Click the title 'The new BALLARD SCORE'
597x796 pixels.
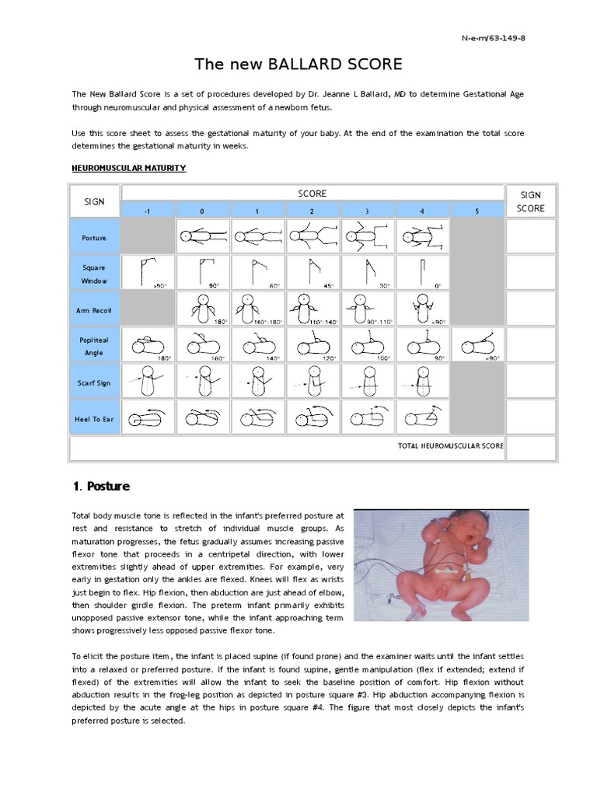coord(298,64)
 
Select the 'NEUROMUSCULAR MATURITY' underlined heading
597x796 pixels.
coord(128,168)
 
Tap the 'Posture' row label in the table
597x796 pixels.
coord(94,237)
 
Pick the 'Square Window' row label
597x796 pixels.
coord(94,274)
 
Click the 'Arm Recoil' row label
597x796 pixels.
coord(94,310)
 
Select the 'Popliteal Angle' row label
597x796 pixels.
coord(94,346)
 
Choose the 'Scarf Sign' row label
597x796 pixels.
coord(94,382)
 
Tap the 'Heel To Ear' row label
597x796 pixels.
coord(94,419)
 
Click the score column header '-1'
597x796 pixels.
coord(148,211)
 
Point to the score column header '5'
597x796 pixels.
coord(477,211)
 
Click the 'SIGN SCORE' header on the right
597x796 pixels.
coord(531,201)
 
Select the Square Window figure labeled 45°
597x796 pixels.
coord(312,273)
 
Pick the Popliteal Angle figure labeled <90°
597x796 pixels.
coord(477,345)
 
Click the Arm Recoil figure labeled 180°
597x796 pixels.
coord(202,309)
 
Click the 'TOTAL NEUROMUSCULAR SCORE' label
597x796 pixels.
coord(450,446)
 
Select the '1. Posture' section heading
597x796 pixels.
coord(101,487)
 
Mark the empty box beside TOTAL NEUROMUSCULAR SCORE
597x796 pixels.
coord(531,448)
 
